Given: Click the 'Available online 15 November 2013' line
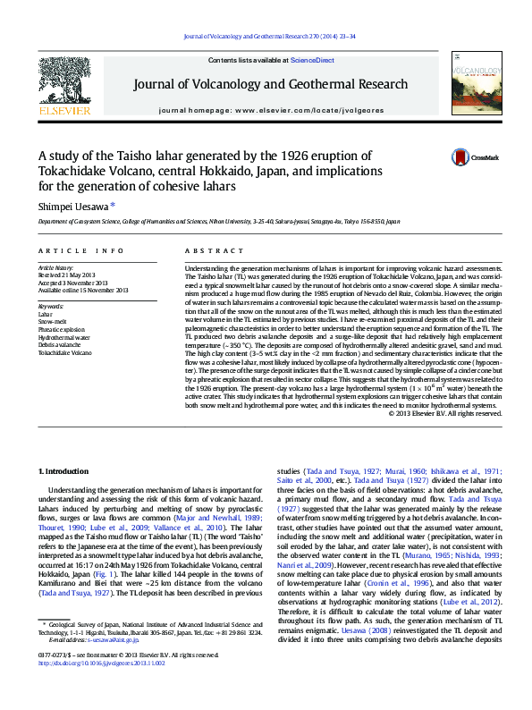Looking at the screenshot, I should coord(83,290).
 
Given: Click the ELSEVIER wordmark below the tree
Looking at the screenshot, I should coord(63,111).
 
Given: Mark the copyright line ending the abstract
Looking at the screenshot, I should coord(442,413).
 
